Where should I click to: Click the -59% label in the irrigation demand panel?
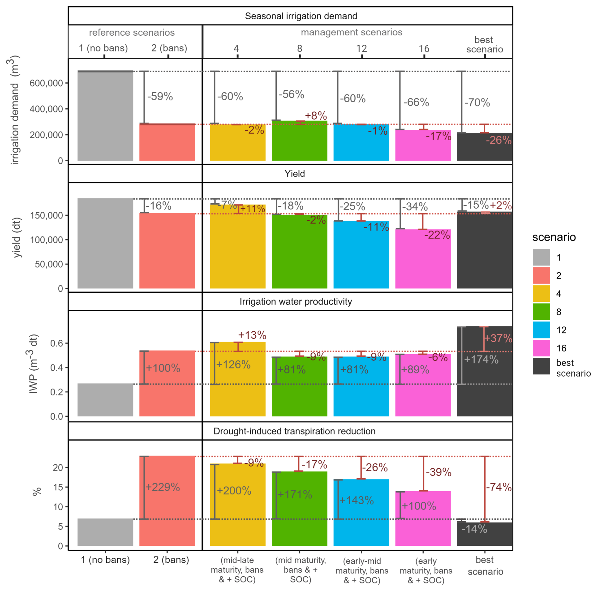click(160, 96)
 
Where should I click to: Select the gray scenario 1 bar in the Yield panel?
click(105, 243)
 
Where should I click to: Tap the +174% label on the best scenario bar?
click(481, 359)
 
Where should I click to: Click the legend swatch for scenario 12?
click(541, 330)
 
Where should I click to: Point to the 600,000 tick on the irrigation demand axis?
click(46, 83)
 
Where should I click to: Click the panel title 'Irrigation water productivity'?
click(296, 301)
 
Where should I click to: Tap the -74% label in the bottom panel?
click(499, 487)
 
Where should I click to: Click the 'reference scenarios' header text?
click(132, 33)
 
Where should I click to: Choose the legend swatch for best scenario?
click(541, 366)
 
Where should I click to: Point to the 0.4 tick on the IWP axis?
click(56, 367)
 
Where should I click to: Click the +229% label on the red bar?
click(163, 487)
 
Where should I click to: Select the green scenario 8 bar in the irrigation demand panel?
click(299, 142)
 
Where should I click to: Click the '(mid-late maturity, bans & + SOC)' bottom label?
click(237, 570)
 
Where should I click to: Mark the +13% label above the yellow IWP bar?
click(252, 335)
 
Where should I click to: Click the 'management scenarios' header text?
click(352, 32)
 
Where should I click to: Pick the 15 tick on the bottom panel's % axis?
click(58, 487)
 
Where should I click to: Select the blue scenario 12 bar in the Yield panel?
click(361, 256)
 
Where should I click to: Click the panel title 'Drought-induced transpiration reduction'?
click(294, 431)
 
